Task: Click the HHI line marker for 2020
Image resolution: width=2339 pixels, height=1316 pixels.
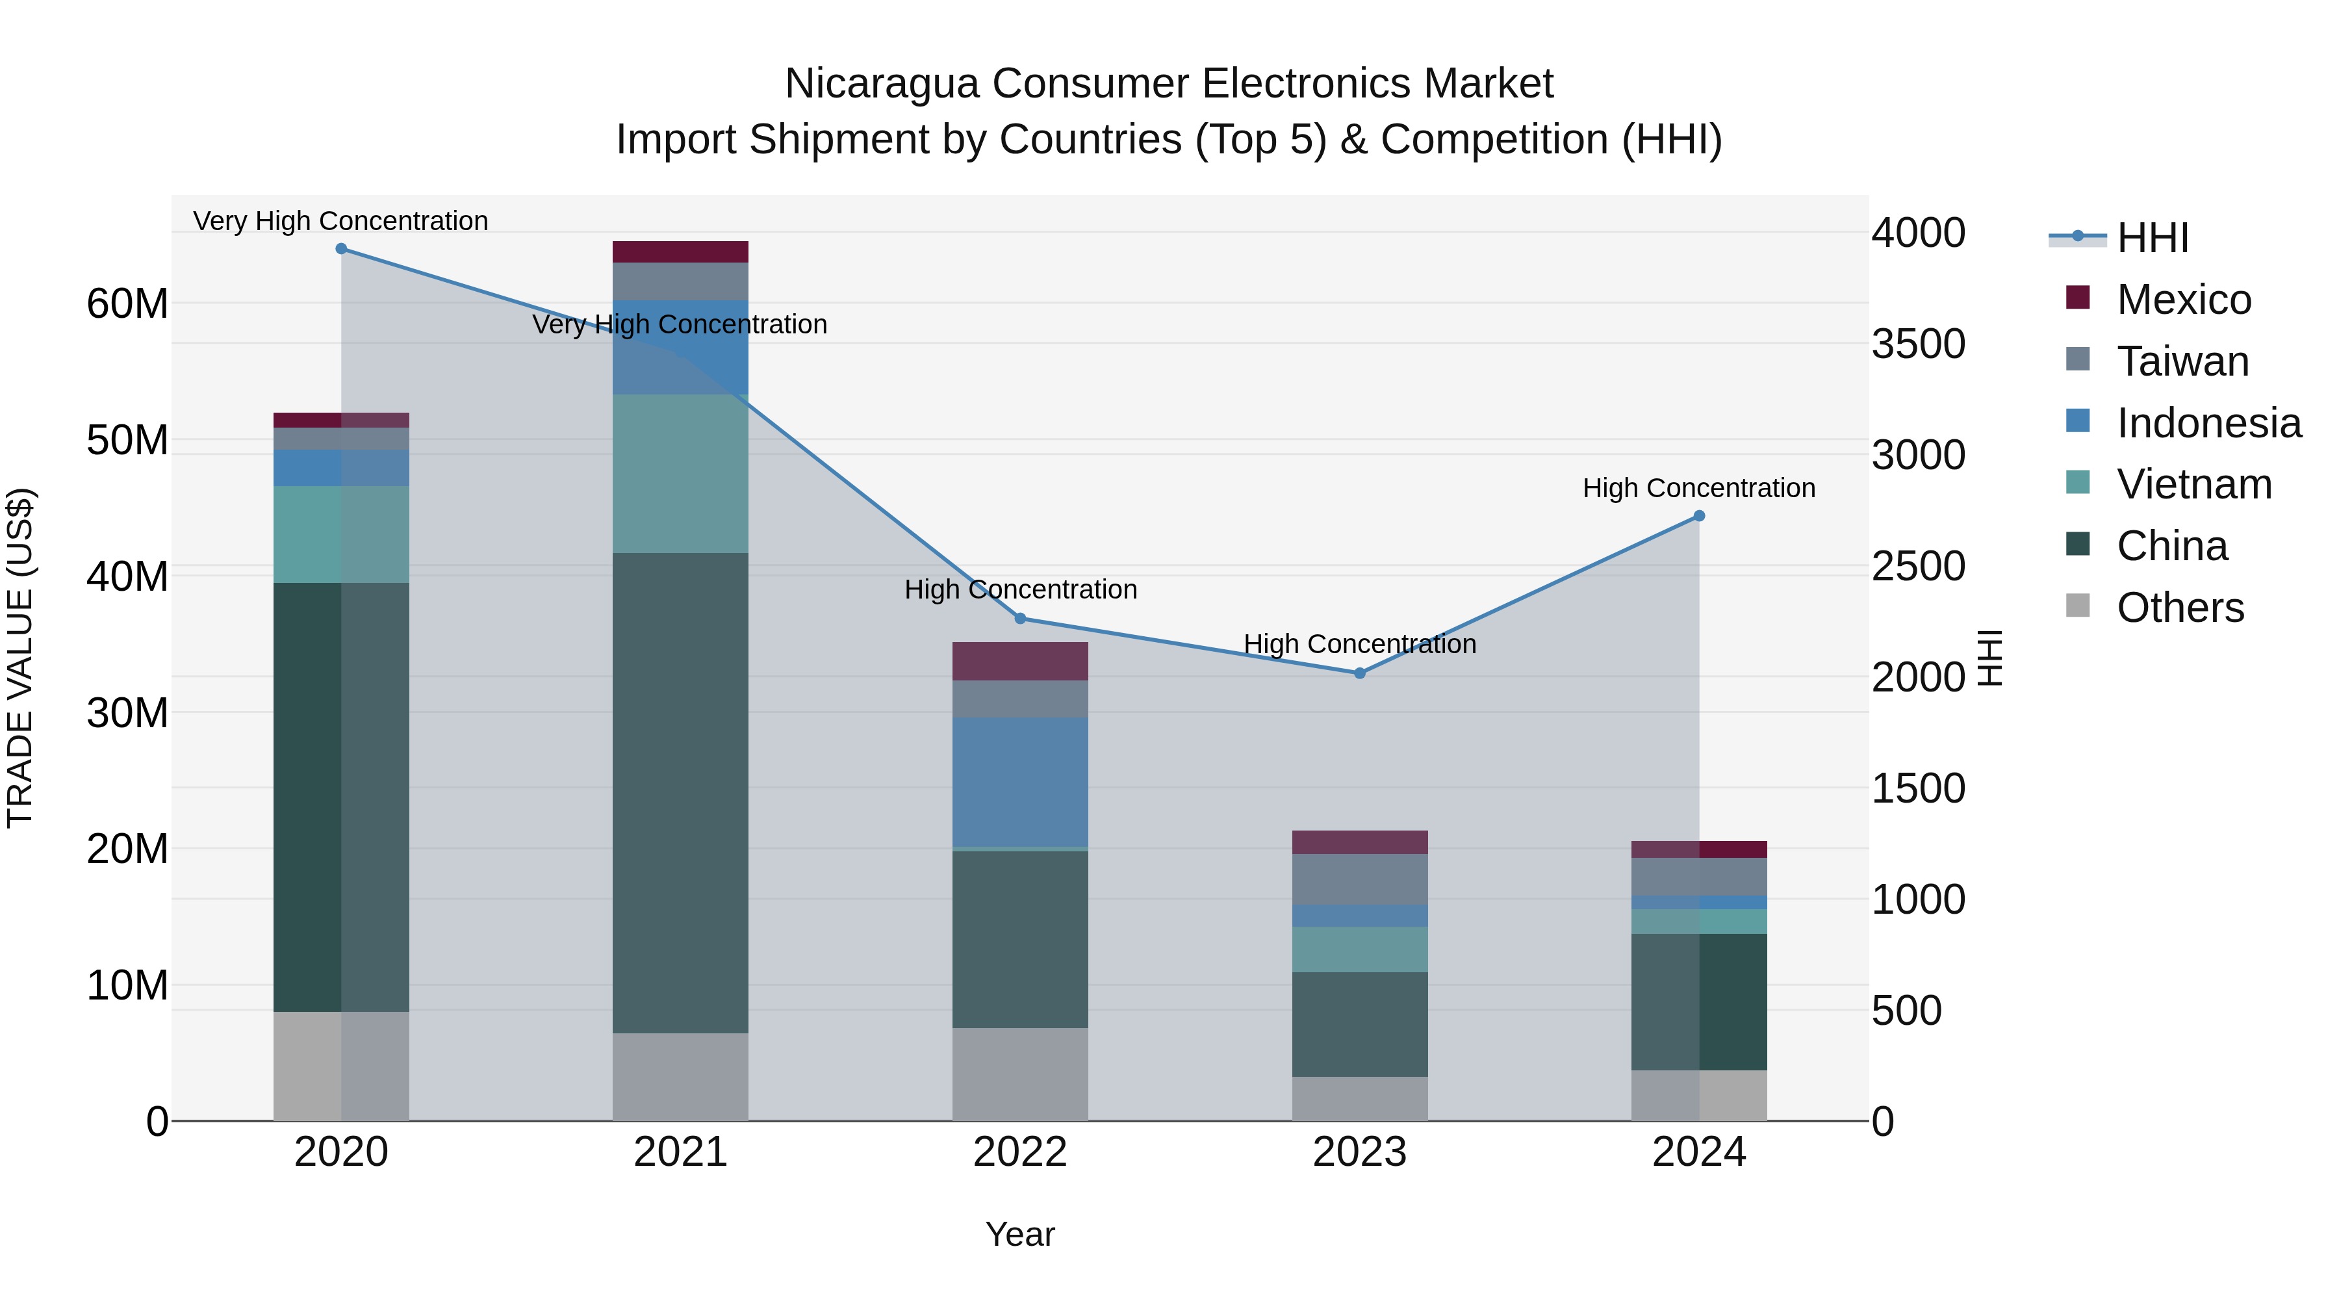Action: [341, 249]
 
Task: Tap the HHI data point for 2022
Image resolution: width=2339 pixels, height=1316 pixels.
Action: [1019, 619]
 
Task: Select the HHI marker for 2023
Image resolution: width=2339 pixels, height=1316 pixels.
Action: [1359, 674]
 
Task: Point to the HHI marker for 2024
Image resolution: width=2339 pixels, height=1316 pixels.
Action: [1699, 516]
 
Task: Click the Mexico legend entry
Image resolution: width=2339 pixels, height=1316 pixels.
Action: [2183, 300]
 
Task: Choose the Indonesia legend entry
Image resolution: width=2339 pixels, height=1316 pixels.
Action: [2208, 423]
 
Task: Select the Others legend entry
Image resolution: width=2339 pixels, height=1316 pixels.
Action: [2179, 608]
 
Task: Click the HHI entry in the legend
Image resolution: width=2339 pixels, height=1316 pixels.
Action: [2152, 238]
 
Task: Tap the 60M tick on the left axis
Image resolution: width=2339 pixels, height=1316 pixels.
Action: [127, 303]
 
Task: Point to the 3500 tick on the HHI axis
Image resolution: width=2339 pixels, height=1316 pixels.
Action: [1918, 344]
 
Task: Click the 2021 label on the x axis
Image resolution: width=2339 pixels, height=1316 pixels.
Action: [680, 1152]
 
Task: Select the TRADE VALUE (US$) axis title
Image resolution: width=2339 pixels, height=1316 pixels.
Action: [20, 658]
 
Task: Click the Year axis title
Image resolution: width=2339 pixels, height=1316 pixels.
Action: [1019, 1234]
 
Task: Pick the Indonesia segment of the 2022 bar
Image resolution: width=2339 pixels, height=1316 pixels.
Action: [1019, 782]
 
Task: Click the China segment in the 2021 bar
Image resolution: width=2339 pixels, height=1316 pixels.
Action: [680, 792]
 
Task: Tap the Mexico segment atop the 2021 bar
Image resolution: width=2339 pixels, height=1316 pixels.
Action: [680, 252]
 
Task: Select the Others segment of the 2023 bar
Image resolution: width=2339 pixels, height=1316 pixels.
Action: [1359, 1099]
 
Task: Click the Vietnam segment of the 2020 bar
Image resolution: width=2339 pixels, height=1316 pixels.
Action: [341, 534]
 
